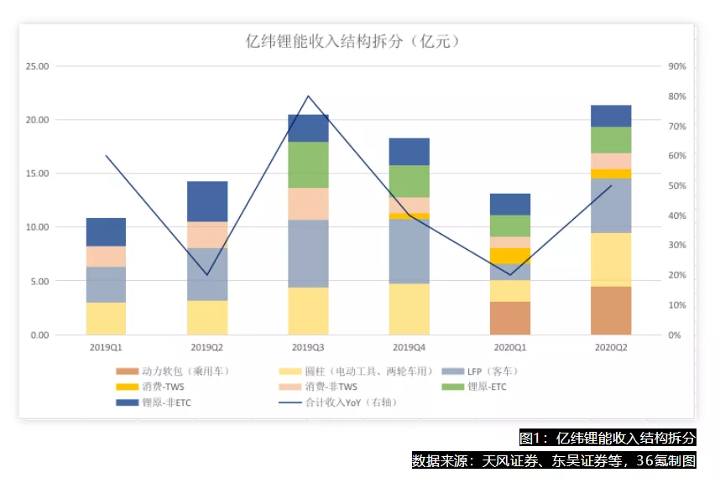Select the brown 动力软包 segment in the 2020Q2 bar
point(611,311)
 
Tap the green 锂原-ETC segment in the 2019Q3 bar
point(308,165)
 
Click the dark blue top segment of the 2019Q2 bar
point(207,201)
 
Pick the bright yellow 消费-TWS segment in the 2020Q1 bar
point(510,256)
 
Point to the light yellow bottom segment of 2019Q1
point(107,319)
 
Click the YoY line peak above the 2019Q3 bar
point(308,96)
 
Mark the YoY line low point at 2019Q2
point(207,274)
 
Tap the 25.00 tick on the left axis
point(39,66)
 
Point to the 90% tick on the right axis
point(677,66)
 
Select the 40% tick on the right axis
point(677,216)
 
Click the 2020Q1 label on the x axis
point(510,346)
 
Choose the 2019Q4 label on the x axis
point(409,346)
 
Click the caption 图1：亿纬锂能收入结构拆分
point(607,438)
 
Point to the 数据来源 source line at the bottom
point(553,460)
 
